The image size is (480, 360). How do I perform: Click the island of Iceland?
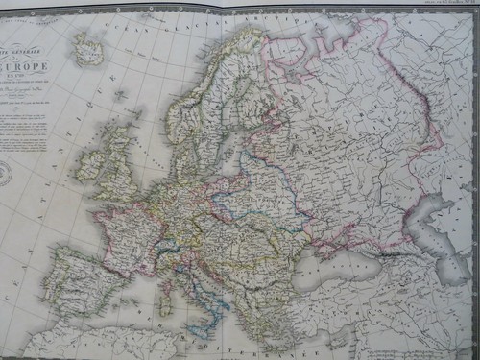pyautogui.click(x=88, y=49)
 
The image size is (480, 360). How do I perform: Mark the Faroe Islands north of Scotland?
pyautogui.click(x=119, y=96)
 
